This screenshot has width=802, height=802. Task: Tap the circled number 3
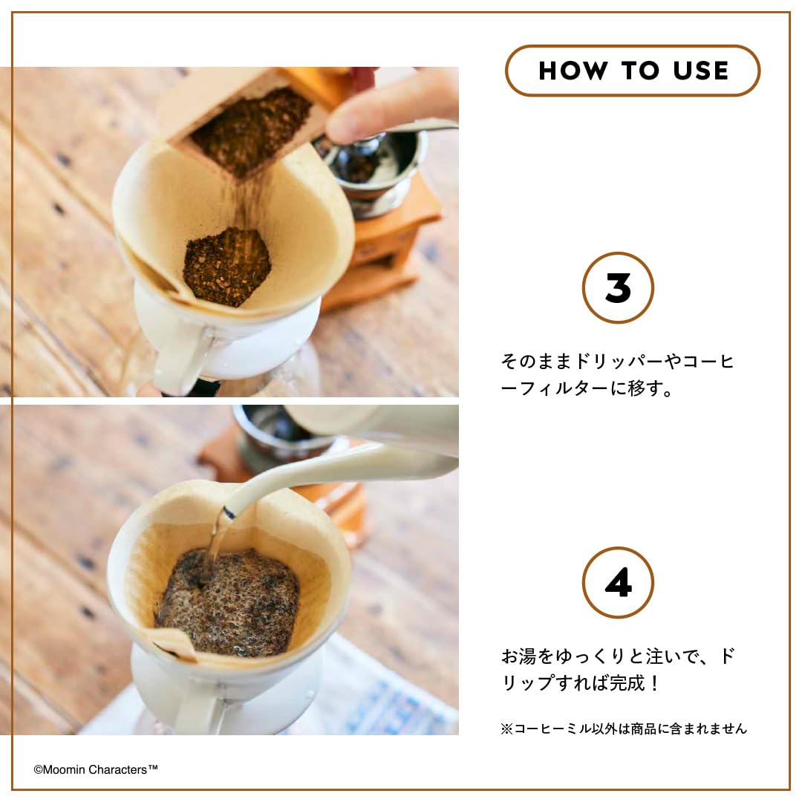618,288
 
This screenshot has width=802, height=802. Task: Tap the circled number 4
618,583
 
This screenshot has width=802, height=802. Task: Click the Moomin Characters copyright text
96,770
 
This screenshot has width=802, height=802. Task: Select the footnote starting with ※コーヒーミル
624,728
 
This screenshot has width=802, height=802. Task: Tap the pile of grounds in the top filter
226,266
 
